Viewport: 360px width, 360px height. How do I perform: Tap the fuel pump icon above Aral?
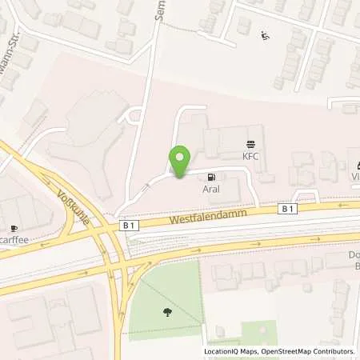(211, 178)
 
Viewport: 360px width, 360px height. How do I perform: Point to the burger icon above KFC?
(253, 145)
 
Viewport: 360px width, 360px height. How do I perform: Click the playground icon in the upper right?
(266, 34)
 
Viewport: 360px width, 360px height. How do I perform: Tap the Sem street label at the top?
(160, 11)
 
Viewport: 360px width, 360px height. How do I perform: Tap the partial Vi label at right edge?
(354, 174)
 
